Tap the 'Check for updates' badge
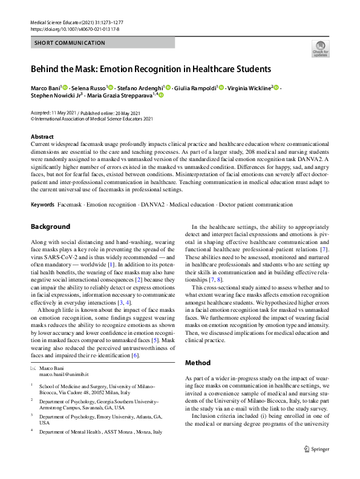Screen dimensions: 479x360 pyautogui.click(x=319, y=48)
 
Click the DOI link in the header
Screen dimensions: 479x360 pyautogui.click(x=70, y=28)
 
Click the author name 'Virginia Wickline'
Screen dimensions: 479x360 pyautogui.click(x=249, y=88)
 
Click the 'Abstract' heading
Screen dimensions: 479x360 pyautogui.click(x=42, y=137)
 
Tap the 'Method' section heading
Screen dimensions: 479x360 pyautogui.click(x=198, y=363)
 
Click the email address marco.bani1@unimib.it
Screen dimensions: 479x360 pyautogui.click(x=65, y=374)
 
